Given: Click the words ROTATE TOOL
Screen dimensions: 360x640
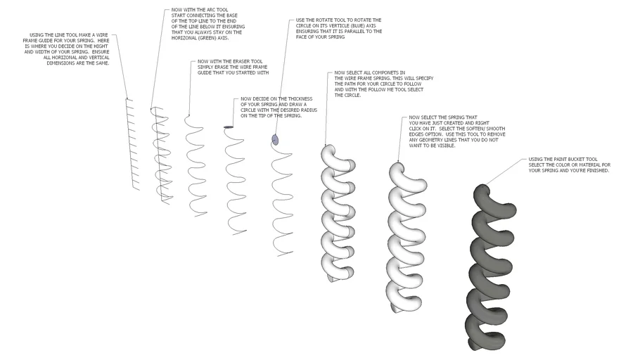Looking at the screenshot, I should [327, 20].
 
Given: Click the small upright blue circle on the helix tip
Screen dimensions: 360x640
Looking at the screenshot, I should [275, 140].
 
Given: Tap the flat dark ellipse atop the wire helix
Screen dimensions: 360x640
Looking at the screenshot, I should [229, 127].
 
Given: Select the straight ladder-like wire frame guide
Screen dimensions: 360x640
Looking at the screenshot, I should [132, 144].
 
